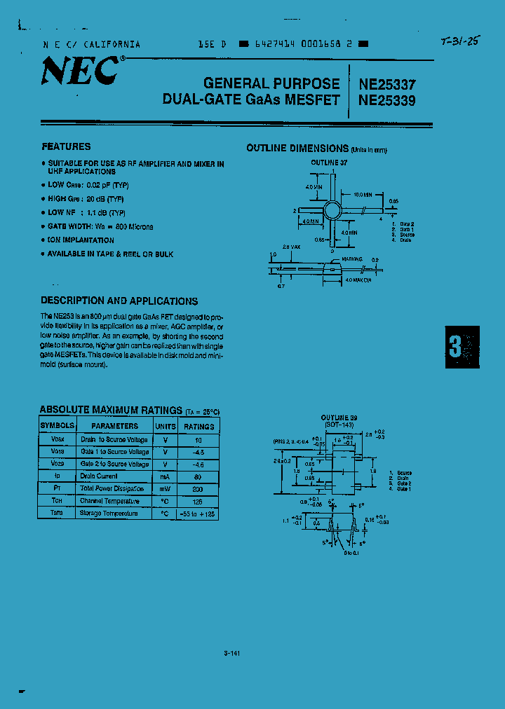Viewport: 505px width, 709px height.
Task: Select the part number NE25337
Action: [386, 83]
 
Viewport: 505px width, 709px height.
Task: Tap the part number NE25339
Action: [386, 100]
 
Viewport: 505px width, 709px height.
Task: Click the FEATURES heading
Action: [66, 146]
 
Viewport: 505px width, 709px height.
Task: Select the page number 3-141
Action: [232, 654]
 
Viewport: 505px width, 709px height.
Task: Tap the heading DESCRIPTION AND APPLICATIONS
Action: [119, 301]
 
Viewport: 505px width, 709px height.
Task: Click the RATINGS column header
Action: [198, 426]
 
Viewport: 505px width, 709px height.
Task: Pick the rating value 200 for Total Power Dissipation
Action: [198, 488]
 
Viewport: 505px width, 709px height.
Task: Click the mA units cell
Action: [166, 476]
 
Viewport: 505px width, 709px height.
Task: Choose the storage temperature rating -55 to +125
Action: [198, 514]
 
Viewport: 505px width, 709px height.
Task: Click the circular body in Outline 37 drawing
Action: [331, 209]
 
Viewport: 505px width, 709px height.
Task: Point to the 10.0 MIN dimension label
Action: [363, 194]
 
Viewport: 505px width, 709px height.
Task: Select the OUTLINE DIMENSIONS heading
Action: [297, 149]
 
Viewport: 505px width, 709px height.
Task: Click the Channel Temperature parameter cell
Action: [110, 501]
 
